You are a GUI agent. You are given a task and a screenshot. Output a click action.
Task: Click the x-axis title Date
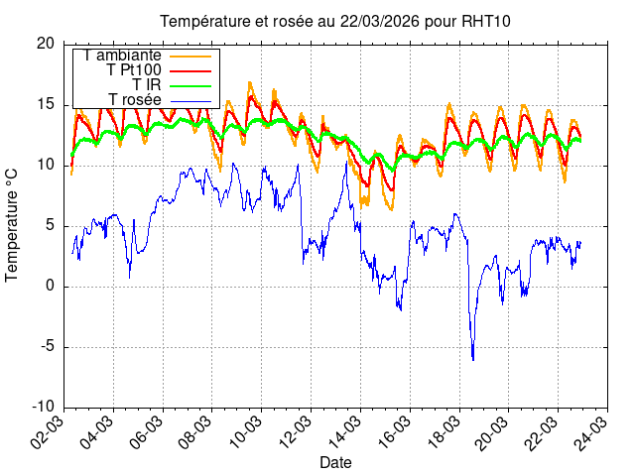point(335,462)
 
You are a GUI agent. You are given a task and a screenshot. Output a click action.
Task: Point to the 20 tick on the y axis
point(46,44)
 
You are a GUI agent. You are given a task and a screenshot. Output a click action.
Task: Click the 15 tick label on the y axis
point(46,104)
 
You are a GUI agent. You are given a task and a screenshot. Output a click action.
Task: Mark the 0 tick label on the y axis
point(51,287)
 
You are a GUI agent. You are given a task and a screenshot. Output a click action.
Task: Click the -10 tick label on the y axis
point(44,408)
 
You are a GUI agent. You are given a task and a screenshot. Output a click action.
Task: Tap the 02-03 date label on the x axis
point(51,433)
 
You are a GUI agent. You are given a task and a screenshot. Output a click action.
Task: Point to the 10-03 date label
point(247,433)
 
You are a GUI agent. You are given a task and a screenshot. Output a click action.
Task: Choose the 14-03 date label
point(346,433)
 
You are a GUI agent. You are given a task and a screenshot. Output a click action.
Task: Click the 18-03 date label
point(445,433)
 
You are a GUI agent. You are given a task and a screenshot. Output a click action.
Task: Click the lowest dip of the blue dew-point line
point(472,359)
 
